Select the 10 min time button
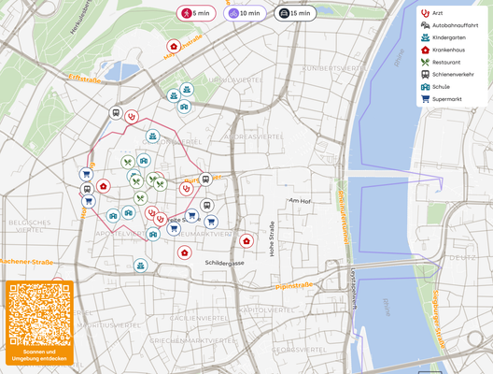(245, 13)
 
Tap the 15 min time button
(294, 13)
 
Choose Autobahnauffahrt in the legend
(448, 25)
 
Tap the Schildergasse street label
(223, 264)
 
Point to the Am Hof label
(299, 200)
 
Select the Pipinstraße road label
(295, 285)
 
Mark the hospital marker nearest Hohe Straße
(246, 240)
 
